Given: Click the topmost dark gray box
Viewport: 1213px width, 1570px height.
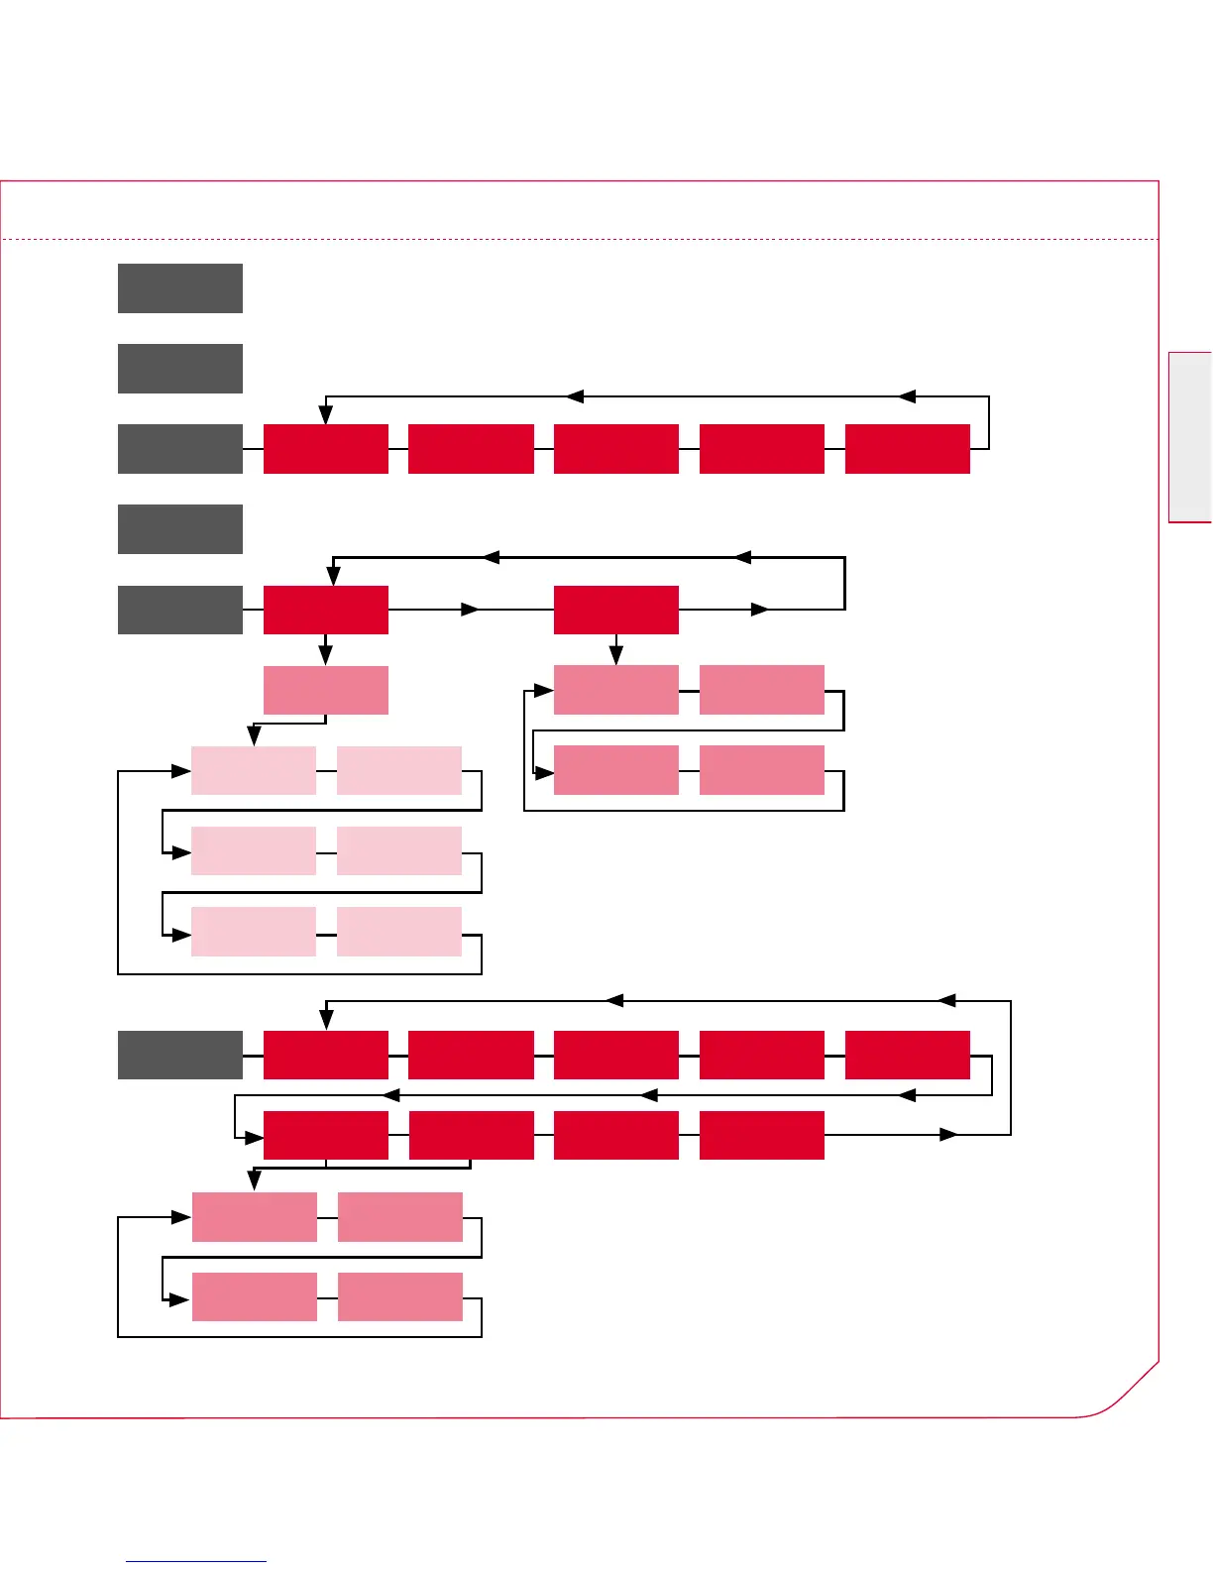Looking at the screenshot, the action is click(180, 288).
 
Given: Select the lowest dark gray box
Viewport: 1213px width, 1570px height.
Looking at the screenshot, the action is click(180, 1055).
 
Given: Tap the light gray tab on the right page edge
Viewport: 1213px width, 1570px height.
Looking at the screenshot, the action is click(1190, 436).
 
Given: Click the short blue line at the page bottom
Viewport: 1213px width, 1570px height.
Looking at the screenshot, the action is click(196, 1561).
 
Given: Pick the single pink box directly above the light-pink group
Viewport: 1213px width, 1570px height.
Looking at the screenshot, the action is click(326, 690).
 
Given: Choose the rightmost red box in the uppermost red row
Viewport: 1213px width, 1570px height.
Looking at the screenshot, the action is click(907, 449).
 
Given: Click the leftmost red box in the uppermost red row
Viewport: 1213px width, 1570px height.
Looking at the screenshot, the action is click(326, 449).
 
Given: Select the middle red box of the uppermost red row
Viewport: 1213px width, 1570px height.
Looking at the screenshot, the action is click(616, 449).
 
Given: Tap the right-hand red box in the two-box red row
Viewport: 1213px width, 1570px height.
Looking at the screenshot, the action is click(616, 610).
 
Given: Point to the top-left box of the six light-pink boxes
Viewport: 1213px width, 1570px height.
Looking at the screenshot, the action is click(254, 770).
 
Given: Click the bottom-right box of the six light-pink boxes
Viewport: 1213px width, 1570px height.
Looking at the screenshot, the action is click(399, 931).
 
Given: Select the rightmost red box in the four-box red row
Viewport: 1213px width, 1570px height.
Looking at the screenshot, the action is click(762, 1135).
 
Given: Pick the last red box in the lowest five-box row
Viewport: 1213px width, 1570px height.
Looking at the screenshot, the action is click(907, 1055).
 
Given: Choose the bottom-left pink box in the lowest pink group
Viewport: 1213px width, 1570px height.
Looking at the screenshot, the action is click(255, 1296).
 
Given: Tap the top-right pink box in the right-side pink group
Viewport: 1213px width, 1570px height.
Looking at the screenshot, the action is click(762, 690).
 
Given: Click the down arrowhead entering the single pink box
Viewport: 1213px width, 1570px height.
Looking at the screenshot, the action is click(326, 655).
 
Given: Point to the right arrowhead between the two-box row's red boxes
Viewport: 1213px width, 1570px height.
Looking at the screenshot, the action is click(471, 610).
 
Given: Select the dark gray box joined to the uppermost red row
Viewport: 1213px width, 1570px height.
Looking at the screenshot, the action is click(180, 449).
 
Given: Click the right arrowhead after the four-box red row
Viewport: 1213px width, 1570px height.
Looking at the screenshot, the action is click(949, 1134).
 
